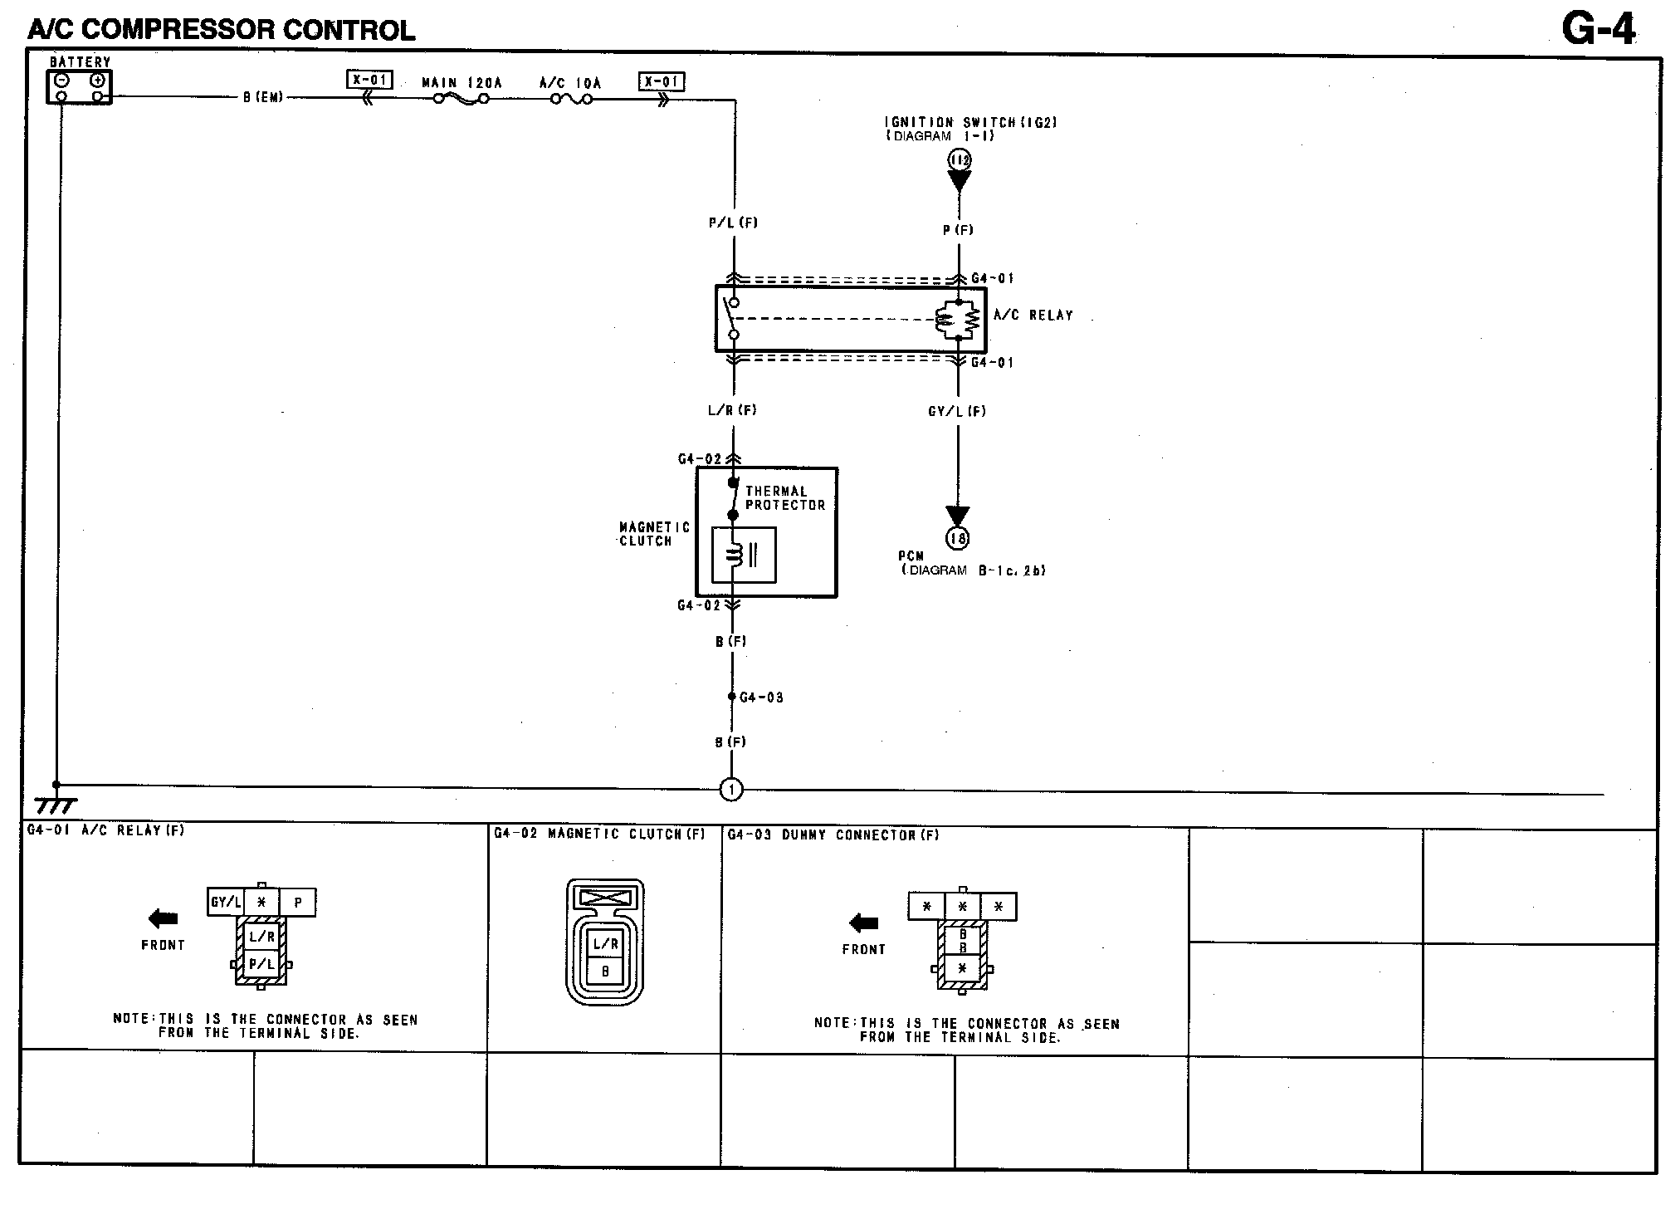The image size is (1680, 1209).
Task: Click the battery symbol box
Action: point(79,87)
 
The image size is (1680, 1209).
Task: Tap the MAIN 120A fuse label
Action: point(462,84)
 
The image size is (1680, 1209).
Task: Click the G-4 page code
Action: point(1598,31)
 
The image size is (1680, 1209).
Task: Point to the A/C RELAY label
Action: point(1033,316)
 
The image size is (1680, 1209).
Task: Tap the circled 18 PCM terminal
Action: point(958,539)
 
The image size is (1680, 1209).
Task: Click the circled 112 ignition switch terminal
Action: point(960,159)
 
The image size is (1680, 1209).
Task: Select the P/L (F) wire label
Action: point(733,223)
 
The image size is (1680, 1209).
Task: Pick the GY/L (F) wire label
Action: point(957,411)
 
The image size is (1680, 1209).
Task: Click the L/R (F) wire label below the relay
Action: point(732,410)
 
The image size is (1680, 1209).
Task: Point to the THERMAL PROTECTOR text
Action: point(784,498)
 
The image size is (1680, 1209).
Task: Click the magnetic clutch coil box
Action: point(744,555)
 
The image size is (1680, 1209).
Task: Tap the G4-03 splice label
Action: point(761,697)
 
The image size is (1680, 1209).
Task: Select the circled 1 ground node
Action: point(731,790)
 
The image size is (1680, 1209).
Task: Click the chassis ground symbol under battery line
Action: point(56,805)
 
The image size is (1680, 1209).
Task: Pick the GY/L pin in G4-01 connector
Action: point(226,903)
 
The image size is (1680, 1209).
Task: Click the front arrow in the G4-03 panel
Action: point(863,923)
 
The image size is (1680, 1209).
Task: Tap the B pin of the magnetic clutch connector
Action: point(605,971)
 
